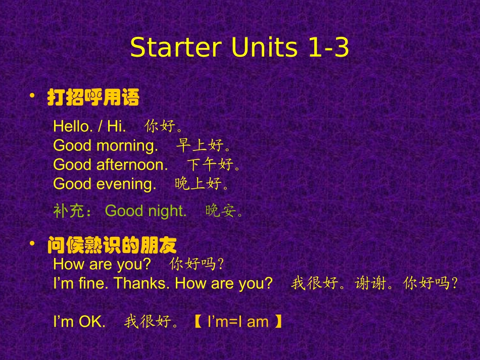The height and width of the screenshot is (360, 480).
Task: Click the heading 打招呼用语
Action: click(93, 98)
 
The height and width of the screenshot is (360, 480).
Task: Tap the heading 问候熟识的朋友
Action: click(112, 246)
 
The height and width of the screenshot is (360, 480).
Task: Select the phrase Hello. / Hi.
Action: click(89, 126)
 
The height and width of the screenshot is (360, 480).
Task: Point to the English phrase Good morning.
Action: click(106, 146)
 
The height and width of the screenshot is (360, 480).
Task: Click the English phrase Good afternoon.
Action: click(111, 165)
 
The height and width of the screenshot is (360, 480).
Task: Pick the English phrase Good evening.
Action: click(105, 184)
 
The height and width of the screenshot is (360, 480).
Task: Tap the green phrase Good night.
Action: click(146, 211)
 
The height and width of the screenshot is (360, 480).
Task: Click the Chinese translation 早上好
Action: click(200, 146)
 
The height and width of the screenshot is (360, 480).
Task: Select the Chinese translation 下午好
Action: click(211, 165)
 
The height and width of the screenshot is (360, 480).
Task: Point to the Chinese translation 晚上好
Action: click(198, 184)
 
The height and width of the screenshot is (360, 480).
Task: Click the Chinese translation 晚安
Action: click(221, 211)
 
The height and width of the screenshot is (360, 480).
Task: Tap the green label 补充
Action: click(69, 211)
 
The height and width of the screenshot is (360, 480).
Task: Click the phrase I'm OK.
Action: click(79, 322)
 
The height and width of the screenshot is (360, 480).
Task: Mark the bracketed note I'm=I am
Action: click(237, 322)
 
